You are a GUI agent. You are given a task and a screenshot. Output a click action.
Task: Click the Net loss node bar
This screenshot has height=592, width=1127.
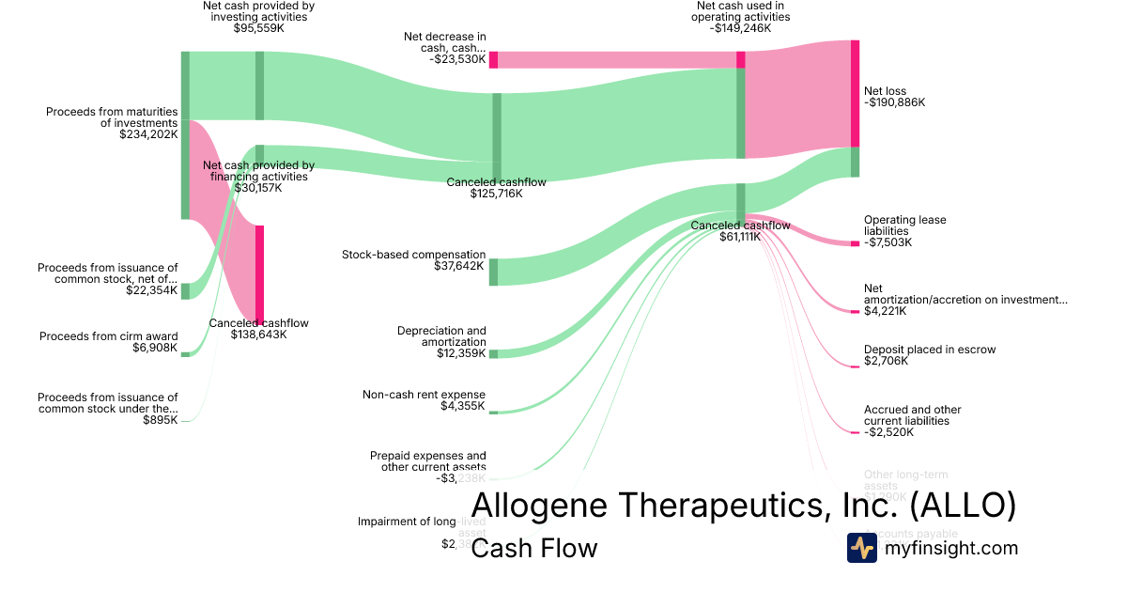point(855,93)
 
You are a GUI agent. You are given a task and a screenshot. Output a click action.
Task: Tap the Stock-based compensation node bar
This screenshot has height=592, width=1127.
point(493,272)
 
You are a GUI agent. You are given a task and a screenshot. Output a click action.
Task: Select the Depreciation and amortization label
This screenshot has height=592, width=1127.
point(441,336)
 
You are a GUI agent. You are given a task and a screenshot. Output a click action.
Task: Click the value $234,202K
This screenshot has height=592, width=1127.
point(148,134)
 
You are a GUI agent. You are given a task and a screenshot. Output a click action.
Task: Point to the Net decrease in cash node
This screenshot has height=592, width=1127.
point(493,59)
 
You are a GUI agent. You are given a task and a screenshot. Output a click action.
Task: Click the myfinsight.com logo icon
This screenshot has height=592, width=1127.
point(861,548)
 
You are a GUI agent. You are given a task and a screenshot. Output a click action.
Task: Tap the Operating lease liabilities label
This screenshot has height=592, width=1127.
point(904,226)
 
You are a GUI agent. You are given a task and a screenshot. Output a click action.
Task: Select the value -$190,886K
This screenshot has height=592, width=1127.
point(894,103)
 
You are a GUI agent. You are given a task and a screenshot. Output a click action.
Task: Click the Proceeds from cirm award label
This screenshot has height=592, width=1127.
point(108,336)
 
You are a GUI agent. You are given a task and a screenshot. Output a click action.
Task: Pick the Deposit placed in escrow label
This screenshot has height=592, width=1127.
point(930,350)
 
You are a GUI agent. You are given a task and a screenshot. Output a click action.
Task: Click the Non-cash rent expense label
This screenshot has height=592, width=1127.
point(425,395)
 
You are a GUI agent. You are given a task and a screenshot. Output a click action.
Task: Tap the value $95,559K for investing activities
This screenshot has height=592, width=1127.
point(258,28)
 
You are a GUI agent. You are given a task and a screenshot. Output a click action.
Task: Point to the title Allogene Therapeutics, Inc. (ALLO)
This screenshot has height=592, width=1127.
point(743,505)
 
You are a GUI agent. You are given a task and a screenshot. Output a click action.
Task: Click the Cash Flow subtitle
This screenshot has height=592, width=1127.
point(533,548)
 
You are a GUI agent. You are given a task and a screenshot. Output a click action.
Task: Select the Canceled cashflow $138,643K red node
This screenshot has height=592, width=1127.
point(259,273)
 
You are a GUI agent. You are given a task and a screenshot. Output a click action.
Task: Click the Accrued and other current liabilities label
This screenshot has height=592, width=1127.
point(912,415)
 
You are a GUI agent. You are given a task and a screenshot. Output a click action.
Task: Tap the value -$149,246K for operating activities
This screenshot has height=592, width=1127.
point(740,28)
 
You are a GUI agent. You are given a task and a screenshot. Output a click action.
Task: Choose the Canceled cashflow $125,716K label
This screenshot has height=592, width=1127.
point(496,182)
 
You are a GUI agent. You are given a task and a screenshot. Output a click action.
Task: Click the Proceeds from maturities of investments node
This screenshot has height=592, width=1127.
point(185,135)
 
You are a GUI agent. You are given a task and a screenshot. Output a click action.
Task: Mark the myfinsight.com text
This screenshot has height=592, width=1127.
point(951,548)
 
